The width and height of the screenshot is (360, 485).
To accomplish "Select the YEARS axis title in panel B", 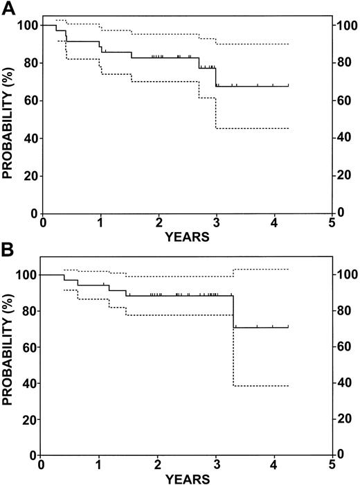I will coord(188,479).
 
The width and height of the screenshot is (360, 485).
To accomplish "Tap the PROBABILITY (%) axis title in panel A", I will coord(9,119).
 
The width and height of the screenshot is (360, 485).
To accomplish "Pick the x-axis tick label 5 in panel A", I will coord(332,224).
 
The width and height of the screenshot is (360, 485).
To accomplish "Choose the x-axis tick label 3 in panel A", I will coord(217,224).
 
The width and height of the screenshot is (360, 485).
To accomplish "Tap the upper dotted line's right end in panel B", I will coord(288,270).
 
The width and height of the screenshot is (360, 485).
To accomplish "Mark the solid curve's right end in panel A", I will coord(288,86).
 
